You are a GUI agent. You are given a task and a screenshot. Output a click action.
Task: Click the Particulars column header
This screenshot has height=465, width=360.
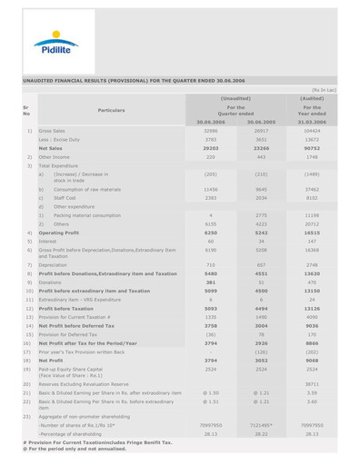(105, 110)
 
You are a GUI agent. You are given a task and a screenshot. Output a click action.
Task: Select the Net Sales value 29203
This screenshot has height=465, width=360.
(208, 147)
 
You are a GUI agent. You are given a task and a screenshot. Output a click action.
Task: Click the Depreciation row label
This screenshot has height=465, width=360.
(54, 264)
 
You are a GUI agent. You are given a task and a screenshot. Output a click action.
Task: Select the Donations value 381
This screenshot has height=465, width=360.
(208, 282)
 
